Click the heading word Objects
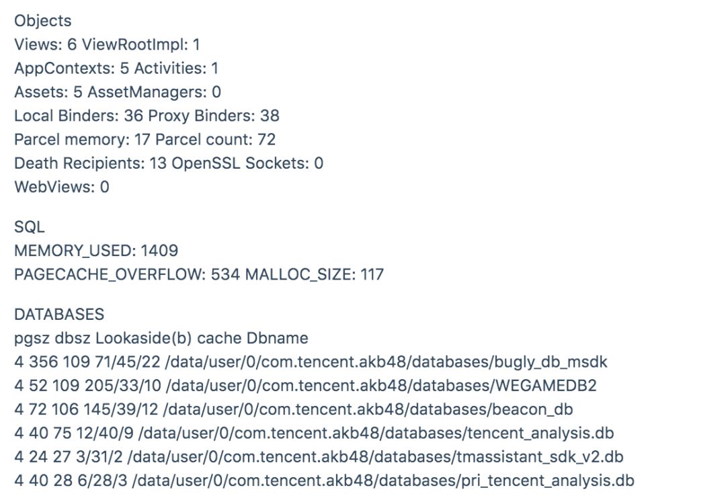click(42, 21)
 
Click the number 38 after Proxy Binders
click(270, 116)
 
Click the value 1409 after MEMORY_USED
click(159, 251)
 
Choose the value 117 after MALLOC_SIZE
click(372, 275)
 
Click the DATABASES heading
click(59, 315)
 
